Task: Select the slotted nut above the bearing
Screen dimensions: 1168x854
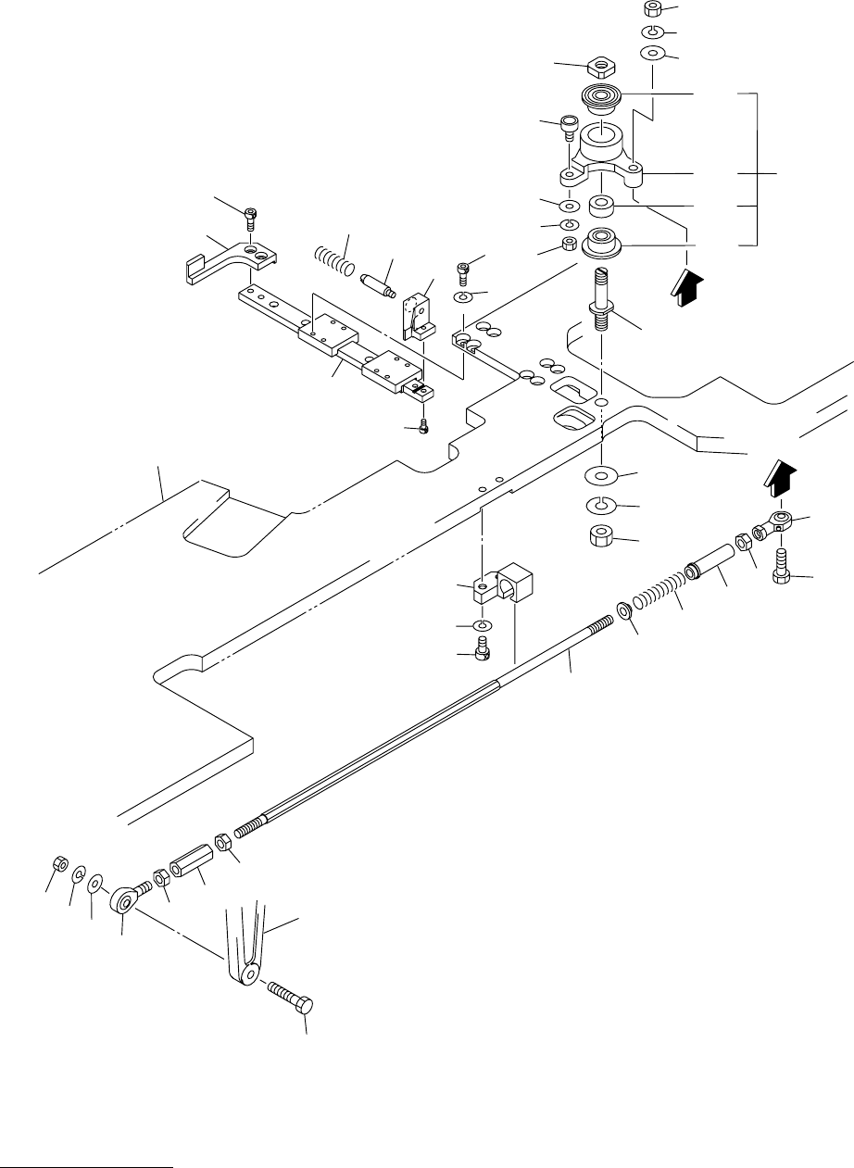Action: (x=601, y=67)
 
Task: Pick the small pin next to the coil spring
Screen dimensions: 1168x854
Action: (x=379, y=281)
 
